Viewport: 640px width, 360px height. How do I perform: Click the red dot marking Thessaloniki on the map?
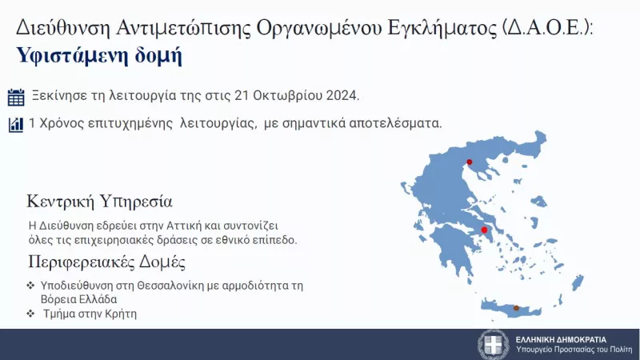(x=470, y=162)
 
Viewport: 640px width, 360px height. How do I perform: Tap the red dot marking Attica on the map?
(x=484, y=230)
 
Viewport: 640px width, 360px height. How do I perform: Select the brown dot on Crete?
(x=516, y=308)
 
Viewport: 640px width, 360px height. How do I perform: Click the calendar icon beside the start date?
(x=16, y=98)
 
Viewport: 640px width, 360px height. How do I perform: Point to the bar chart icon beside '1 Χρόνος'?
(x=16, y=125)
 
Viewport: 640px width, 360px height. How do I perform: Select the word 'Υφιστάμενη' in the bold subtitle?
(x=64, y=56)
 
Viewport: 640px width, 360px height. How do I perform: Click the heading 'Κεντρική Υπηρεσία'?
(x=99, y=200)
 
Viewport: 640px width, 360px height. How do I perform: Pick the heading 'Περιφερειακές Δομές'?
(x=106, y=262)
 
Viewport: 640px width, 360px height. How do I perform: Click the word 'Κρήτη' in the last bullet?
(x=121, y=314)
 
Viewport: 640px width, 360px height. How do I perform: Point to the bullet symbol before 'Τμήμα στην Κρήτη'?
(x=30, y=314)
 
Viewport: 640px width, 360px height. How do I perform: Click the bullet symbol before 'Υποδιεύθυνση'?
(x=30, y=286)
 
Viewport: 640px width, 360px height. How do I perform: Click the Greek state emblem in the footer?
(x=493, y=344)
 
